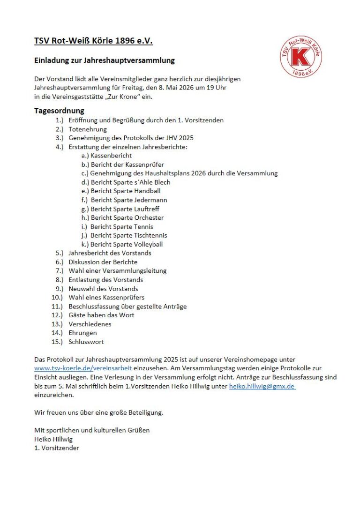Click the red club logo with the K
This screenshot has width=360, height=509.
point(301,57)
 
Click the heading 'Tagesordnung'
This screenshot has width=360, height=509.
point(59,111)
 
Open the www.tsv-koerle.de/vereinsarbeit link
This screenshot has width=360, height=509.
point(83,368)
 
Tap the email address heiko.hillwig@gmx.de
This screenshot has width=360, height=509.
point(262,386)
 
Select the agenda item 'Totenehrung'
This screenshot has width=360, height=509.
point(88,129)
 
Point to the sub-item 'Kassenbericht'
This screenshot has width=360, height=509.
point(111,156)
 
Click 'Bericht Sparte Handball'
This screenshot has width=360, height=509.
point(125,191)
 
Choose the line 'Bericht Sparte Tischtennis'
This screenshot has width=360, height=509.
point(128,235)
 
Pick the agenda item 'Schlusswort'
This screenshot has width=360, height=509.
point(86,342)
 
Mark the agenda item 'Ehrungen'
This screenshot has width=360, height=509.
point(83,333)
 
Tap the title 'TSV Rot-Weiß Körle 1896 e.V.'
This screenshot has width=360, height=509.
point(93,41)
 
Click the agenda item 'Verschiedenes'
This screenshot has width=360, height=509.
point(90,324)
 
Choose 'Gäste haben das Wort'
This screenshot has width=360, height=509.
point(101,315)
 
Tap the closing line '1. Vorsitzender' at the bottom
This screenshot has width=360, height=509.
point(57,448)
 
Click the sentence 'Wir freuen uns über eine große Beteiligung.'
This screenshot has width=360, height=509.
point(98,412)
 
